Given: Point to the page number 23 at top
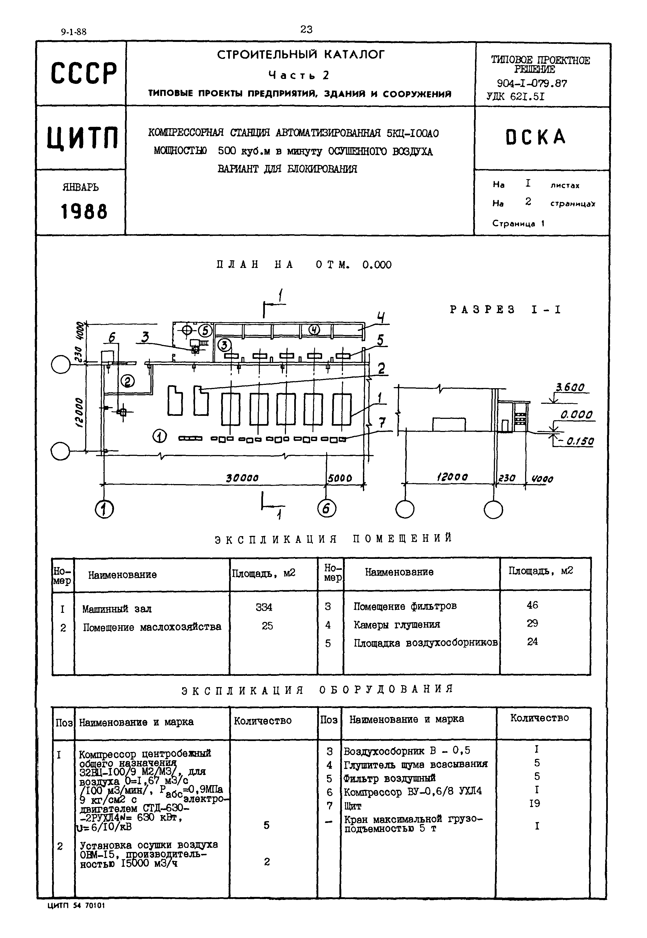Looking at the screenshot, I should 307,29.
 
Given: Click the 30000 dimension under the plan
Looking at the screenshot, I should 242,478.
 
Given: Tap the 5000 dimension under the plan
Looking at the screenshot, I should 340,478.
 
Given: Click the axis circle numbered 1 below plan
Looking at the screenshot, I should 104,509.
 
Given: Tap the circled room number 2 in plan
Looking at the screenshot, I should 127,381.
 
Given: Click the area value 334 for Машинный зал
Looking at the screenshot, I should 264,607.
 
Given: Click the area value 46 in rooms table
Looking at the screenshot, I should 532,605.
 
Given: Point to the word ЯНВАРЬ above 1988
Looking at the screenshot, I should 81,187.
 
